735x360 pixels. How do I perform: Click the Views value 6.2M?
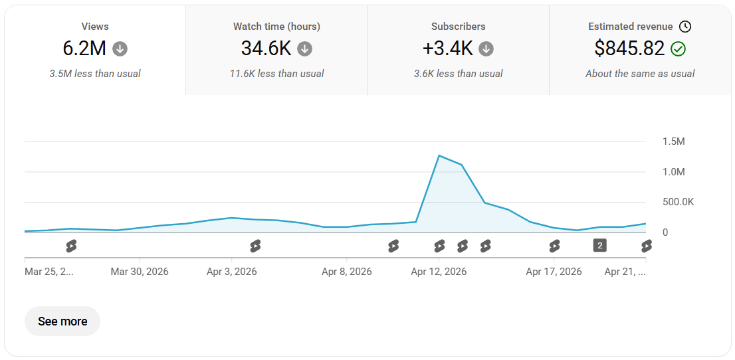[x=84, y=48]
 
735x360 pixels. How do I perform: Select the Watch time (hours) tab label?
[x=276, y=27]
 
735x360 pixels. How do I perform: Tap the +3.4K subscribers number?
[x=448, y=48]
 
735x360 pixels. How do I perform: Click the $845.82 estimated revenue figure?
[x=629, y=48]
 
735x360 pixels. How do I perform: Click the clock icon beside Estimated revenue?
[x=685, y=27]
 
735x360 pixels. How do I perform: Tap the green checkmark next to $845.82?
[x=678, y=48]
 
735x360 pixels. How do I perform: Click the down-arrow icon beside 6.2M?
[x=120, y=48]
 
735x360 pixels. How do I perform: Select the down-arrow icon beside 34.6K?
[x=304, y=48]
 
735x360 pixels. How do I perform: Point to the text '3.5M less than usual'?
[x=95, y=74]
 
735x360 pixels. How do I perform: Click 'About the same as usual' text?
[x=640, y=74]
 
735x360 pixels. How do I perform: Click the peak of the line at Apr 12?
[x=439, y=155]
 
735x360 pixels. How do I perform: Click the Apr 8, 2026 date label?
[x=347, y=272]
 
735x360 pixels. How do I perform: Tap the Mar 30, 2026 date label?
[x=140, y=272]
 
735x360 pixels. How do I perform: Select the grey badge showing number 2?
[x=600, y=245]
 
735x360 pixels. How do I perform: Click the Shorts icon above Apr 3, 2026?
[x=255, y=246]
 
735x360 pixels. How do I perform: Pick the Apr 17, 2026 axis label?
[x=554, y=272]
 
